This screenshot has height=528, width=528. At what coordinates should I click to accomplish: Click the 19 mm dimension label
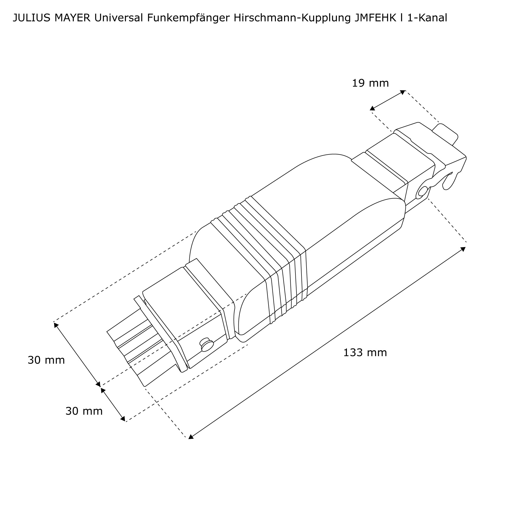370,83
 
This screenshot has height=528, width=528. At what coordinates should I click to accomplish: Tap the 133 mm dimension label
365,353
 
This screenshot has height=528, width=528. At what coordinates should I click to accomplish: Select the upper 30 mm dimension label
46,360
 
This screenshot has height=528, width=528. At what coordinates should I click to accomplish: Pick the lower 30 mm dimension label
84,411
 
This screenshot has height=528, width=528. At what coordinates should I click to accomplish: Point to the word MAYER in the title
73,18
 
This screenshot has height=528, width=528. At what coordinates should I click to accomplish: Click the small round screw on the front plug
207,345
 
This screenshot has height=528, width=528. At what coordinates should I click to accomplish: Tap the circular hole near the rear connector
422,191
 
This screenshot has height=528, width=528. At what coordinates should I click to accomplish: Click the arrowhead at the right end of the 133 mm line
463,249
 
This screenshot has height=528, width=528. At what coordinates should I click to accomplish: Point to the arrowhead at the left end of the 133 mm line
191,437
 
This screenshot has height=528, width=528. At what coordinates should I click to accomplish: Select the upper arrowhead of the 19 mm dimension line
403,92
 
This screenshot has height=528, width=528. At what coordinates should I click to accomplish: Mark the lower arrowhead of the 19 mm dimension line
372,109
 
